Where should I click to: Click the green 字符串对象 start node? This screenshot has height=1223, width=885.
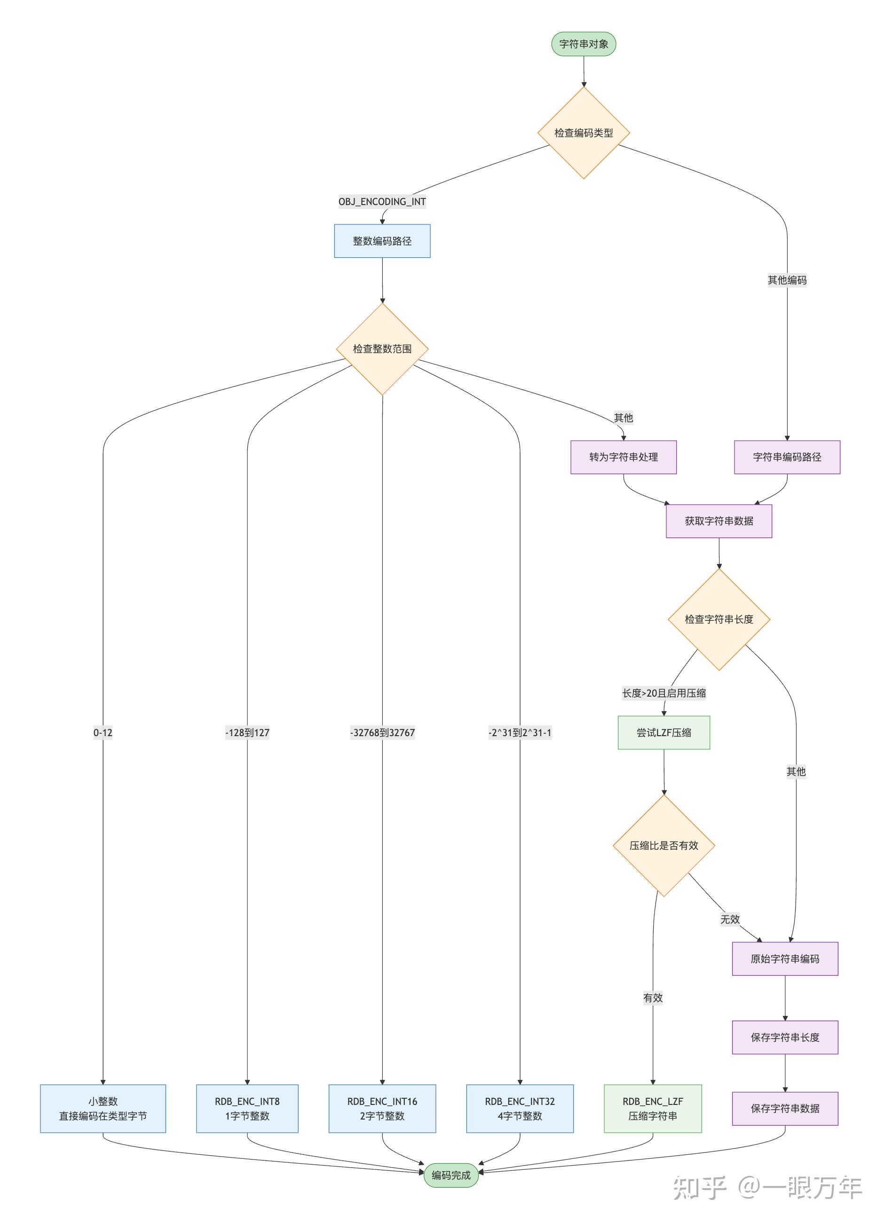point(583,44)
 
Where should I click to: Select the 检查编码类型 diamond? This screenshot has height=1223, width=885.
point(583,133)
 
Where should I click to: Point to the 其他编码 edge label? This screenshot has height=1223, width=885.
point(787,280)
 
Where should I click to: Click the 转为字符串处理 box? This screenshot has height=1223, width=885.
point(623,457)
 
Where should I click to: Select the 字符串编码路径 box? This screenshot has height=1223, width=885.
point(787,457)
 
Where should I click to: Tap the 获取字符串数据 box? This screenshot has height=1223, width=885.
point(719,521)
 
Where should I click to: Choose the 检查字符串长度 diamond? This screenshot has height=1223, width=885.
point(719,619)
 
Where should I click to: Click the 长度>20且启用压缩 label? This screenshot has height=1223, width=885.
point(664,693)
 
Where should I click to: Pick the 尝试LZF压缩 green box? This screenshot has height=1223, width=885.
point(664,733)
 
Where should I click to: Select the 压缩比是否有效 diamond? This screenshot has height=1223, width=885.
point(664,846)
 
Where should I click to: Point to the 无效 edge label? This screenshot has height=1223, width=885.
point(730,920)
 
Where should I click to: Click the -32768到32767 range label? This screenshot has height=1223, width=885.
point(382,733)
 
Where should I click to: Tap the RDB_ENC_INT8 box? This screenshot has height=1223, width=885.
point(247,1109)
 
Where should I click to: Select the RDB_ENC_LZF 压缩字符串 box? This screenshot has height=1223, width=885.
point(653,1109)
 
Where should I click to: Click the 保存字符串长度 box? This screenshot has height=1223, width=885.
point(785,1038)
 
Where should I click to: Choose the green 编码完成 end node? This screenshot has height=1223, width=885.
point(450,1175)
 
